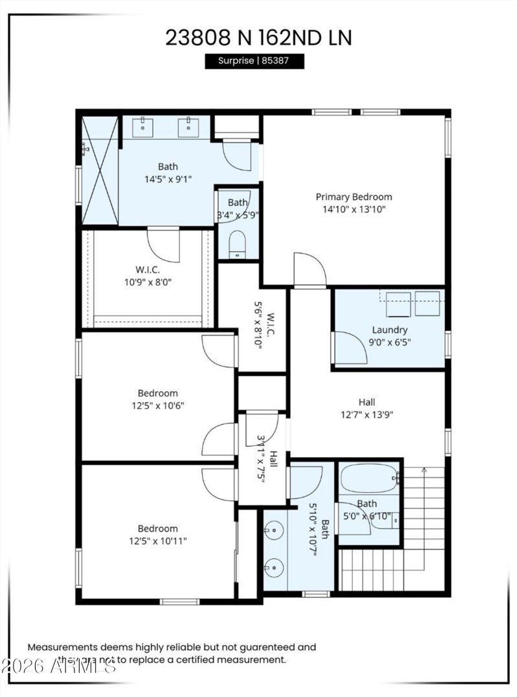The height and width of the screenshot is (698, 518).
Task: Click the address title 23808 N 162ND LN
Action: [x=258, y=38]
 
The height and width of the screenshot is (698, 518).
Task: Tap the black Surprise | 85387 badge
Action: [x=254, y=61]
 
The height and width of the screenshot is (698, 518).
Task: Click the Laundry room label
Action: [x=389, y=330]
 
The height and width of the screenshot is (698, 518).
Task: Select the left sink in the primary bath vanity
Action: [x=142, y=127]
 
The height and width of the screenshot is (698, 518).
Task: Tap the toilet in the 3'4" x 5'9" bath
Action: [x=238, y=244]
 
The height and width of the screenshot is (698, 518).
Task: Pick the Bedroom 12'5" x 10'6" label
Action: [x=157, y=399]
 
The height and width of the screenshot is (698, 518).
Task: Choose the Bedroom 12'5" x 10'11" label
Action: [x=157, y=535]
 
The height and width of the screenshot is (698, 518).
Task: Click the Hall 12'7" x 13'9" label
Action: [x=366, y=408]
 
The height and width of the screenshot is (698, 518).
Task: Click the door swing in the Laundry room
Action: [x=350, y=347]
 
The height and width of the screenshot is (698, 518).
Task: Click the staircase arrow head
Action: [x=423, y=469]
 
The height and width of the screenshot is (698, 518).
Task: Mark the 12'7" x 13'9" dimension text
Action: [x=366, y=415]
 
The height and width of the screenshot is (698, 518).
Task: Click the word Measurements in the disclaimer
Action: [x=62, y=647]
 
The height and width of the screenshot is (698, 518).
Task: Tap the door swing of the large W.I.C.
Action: [x=164, y=243]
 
